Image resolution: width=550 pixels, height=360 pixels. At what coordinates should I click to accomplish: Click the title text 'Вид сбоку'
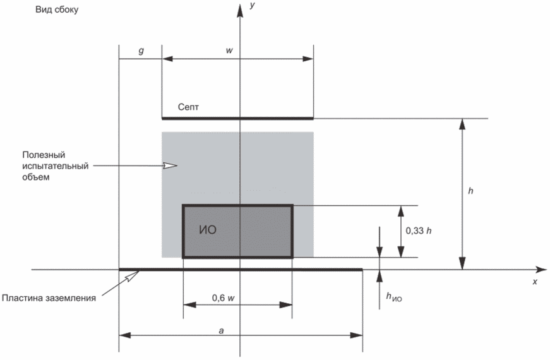pyautogui.click(x=57, y=9)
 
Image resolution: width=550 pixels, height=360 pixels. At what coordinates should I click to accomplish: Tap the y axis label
pyautogui.click(x=252, y=5)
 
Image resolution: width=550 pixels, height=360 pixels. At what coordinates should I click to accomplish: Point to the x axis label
pyautogui.click(x=535, y=282)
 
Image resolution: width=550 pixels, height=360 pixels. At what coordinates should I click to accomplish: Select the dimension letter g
pyautogui.click(x=141, y=51)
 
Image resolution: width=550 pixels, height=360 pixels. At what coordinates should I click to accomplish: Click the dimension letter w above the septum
pyautogui.click(x=229, y=50)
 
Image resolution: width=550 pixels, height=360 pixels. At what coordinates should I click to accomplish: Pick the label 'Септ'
pyautogui.click(x=188, y=107)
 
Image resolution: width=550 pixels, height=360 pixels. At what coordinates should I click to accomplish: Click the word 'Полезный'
pyautogui.click(x=44, y=155)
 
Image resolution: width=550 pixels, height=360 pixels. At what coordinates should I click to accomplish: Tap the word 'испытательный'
pyautogui.click(x=56, y=166)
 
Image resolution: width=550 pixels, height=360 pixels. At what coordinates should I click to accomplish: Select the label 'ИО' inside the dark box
pyautogui.click(x=208, y=230)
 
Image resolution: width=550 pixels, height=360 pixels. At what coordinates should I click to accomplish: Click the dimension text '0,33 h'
pyautogui.click(x=419, y=231)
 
